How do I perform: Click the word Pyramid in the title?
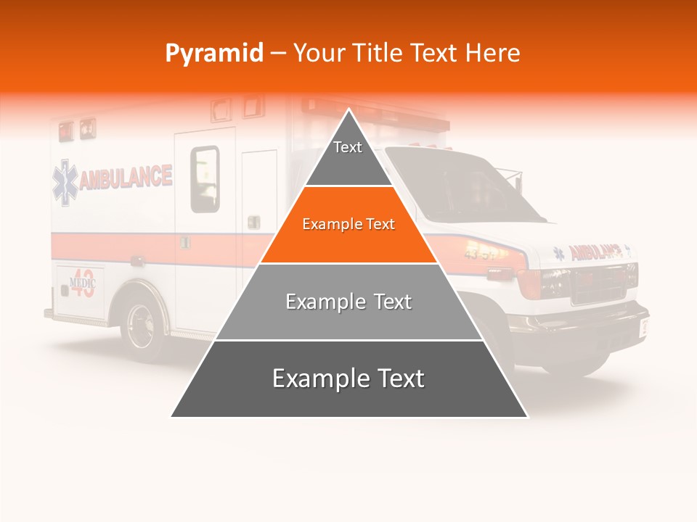pos(213,54)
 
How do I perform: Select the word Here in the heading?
pos(493,53)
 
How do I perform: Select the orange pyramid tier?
pos(348,225)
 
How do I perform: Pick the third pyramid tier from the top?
pos(348,302)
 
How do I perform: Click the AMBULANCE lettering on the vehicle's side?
pos(126,178)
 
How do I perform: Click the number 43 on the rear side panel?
pos(83,287)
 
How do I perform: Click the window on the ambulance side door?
pos(205,179)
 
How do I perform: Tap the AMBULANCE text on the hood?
pos(595,252)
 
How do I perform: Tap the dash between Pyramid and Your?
pos(277,54)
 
